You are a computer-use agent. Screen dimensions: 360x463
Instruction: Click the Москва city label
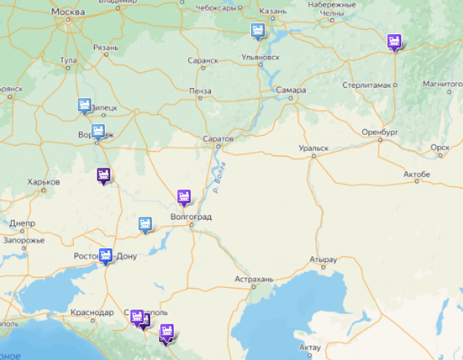coord(68,12)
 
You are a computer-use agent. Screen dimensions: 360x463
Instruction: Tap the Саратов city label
coord(218,138)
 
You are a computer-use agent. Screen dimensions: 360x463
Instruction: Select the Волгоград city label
coord(191,217)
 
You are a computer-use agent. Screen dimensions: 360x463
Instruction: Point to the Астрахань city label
coord(254,279)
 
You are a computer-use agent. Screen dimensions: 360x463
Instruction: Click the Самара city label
coord(291,90)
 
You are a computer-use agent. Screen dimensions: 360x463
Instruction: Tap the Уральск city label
coord(313,148)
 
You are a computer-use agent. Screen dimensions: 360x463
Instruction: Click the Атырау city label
coord(323,260)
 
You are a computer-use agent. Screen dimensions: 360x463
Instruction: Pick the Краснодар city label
coord(91,312)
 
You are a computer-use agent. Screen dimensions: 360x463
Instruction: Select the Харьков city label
coord(44,182)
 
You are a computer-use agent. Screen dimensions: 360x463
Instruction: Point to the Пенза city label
coord(200,91)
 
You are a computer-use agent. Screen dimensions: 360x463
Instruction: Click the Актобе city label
coord(417,175)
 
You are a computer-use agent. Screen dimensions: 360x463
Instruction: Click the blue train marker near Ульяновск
coord(257,31)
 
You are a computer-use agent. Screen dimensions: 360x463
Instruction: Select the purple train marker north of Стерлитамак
coord(393,41)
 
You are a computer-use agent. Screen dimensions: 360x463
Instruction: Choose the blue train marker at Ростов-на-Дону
coord(106,256)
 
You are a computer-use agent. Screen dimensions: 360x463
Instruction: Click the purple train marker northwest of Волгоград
coord(183,197)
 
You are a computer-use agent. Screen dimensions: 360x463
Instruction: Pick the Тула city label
coord(68,61)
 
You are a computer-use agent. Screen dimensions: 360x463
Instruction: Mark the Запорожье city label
coord(24,240)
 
